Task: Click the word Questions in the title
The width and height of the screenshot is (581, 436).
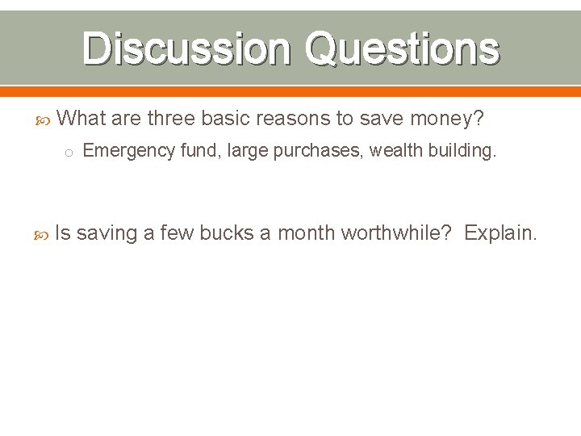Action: point(401,48)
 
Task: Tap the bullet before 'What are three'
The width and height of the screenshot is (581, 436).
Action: point(45,119)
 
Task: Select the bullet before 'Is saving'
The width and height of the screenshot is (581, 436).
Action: point(45,234)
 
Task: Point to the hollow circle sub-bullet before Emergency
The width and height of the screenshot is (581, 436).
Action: point(70,152)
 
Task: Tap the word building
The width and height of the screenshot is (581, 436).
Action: point(462,151)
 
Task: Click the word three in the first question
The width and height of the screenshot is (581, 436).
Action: point(171,119)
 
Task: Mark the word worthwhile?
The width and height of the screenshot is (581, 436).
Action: point(396,233)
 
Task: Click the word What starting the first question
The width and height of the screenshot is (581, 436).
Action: point(82,119)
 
